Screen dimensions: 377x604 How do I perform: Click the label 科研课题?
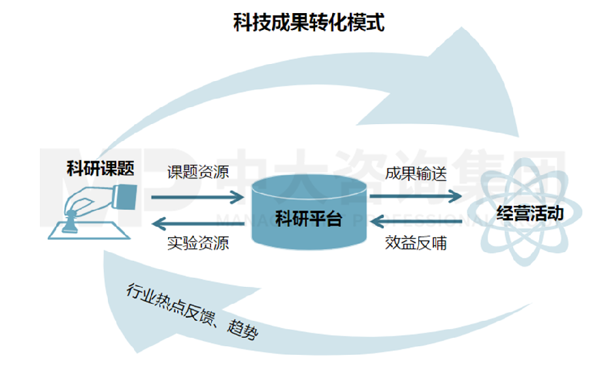pyautogui.click(x=99, y=168)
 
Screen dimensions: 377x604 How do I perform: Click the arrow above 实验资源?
pyautogui.click(x=198, y=223)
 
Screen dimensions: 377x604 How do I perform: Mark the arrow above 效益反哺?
pyautogui.click(x=416, y=223)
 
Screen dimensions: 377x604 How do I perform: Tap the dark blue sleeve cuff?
pyautogui.click(x=126, y=194)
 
